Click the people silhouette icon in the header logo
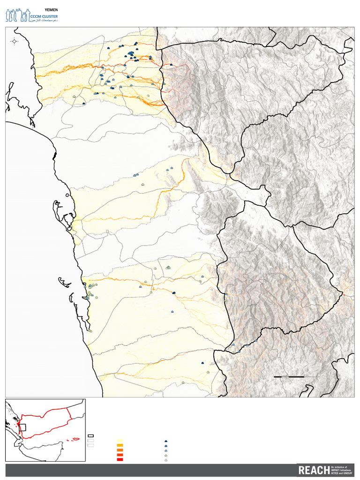(x=17, y=15)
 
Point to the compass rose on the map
(x=14, y=41)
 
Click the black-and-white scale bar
(x=296, y=376)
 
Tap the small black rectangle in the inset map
(x=22, y=427)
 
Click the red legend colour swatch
(x=120, y=460)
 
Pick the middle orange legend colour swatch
(x=120, y=450)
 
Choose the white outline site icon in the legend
(x=166, y=460)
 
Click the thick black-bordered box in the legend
(x=90, y=436)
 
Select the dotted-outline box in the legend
(x=90, y=445)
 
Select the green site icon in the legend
(x=166, y=455)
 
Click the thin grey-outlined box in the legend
(x=90, y=441)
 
